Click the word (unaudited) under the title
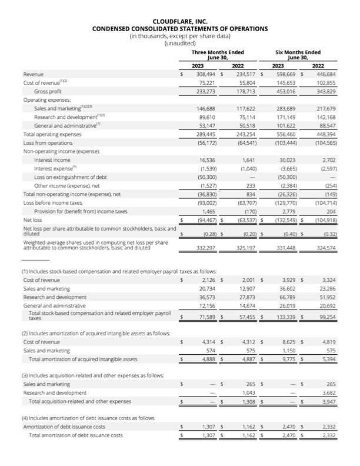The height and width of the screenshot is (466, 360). click(179, 43)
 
